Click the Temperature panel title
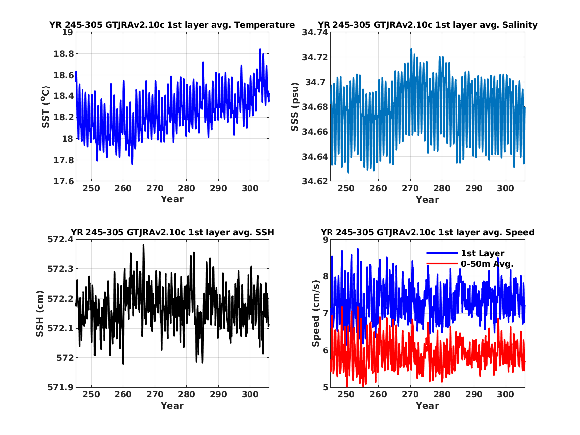(172, 25)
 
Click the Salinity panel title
(427, 25)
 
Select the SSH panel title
(172, 232)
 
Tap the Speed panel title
(427, 232)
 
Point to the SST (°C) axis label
(46, 107)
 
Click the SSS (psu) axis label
(294, 107)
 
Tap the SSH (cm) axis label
(40, 314)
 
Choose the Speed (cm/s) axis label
(316, 313)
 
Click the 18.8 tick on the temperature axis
(63, 54)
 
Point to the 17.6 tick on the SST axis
(63, 181)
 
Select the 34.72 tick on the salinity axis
(315, 57)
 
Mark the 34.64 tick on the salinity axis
(315, 157)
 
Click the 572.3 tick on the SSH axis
(60, 269)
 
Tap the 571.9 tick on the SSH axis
(60, 387)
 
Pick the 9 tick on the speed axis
(325, 240)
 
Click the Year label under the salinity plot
(427, 200)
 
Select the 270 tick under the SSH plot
(155, 394)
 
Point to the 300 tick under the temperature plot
(250, 188)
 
